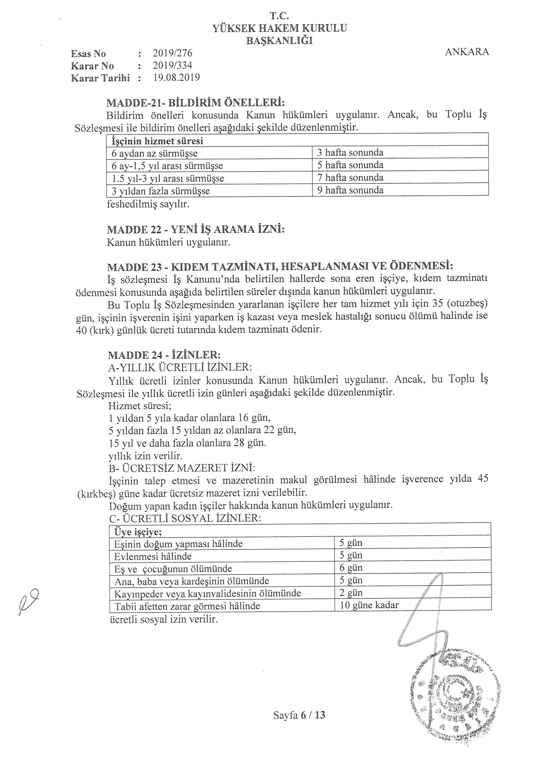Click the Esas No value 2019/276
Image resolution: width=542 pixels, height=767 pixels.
point(172,53)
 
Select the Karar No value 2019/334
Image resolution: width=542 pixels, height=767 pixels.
point(172,65)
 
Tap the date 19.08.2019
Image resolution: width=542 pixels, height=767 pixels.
point(176,77)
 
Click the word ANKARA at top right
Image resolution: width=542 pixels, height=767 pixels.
point(467,52)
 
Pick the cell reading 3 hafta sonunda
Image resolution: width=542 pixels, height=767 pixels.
point(350,153)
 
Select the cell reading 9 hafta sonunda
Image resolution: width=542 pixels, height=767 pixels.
point(350,190)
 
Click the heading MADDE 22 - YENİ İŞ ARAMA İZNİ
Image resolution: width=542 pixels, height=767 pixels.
point(196,230)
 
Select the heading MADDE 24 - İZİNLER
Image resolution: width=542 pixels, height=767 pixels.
point(164,355)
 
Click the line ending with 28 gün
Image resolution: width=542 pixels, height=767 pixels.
point(187,443)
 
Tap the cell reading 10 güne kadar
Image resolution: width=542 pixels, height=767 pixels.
point(369,605)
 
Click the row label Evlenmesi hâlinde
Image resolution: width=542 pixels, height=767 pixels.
point(152,556)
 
